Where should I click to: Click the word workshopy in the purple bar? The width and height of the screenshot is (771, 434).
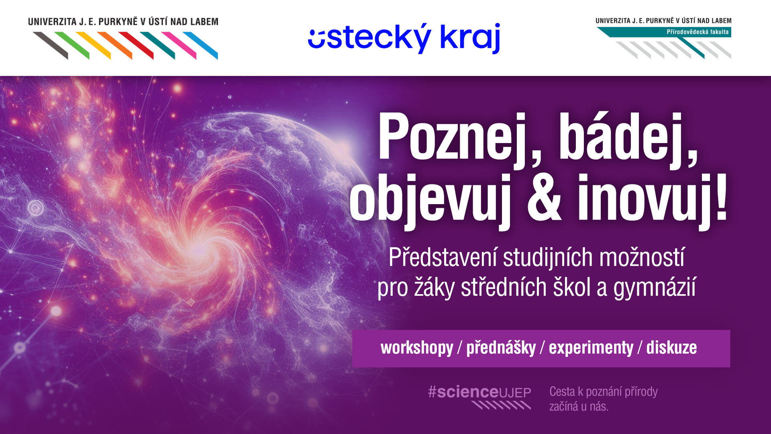pos(417,348)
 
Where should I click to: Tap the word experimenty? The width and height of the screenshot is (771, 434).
pos(591,348)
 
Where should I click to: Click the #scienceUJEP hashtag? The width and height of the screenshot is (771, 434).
pos(479,392)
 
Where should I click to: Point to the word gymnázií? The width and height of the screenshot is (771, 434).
pos(655,288)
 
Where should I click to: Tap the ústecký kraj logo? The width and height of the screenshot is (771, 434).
pos(404,38)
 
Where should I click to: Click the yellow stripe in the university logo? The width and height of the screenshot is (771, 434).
pos(93,45)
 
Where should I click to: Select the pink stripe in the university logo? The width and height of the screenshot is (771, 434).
pos(179,45)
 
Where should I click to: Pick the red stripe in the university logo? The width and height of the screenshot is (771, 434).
pos(136,45)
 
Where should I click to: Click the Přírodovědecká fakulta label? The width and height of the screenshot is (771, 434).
pos(698,32)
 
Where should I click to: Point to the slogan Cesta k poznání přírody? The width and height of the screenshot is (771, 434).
pos(604,392)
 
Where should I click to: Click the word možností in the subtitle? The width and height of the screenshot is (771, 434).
pos(642,257)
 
